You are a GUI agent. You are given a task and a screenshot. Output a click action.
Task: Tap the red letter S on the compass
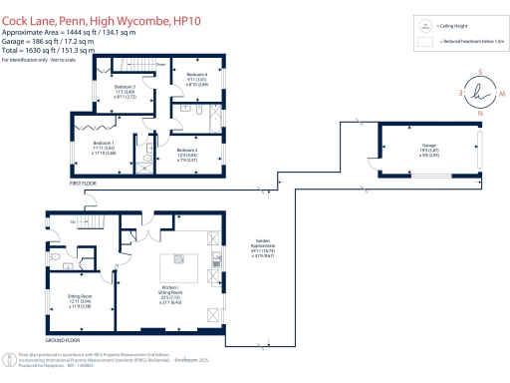pos(480,70)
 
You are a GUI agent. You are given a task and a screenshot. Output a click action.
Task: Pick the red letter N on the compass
pos(480,112)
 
